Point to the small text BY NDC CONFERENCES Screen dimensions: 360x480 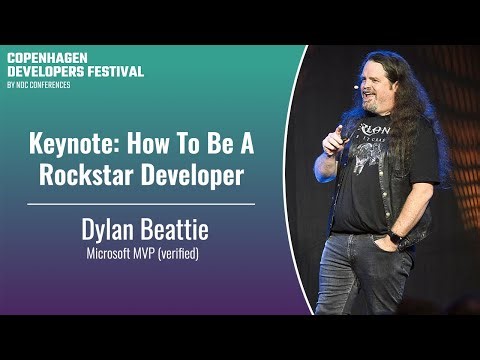40,83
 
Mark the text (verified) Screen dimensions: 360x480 177,255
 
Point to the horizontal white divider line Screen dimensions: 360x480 141,203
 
